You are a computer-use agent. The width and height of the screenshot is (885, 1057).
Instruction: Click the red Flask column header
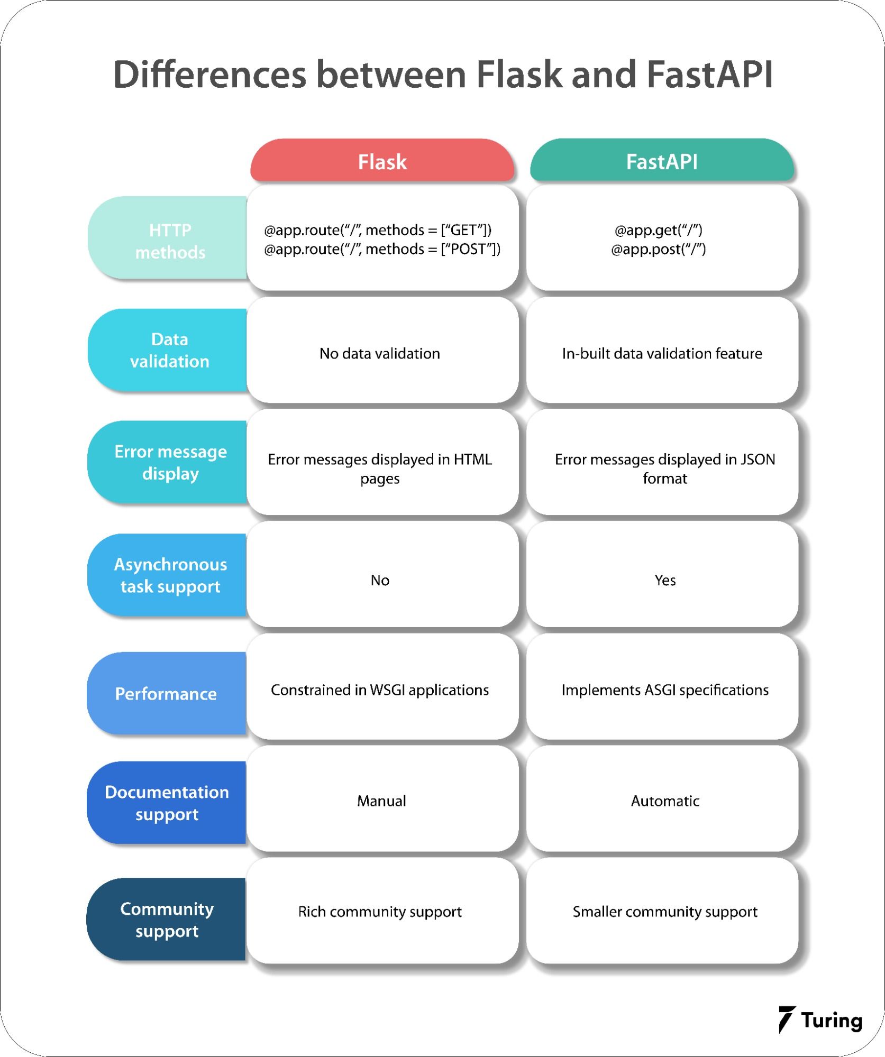click(x=382, y=161)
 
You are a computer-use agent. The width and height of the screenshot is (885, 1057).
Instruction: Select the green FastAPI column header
click(x=662, y=161)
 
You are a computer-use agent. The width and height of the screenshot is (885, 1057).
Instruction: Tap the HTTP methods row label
click(x=169, y=241)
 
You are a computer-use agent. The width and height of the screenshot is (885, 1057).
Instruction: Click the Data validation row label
click(x=169, y=350)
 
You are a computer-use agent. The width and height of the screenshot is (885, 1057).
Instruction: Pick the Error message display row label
click(x=170, y=463)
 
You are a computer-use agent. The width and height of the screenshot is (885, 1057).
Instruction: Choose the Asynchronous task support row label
click(x=170, y=575)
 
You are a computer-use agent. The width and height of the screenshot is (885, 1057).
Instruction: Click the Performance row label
click(x=166, y=694)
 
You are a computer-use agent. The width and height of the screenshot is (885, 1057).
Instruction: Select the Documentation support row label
click(x=167, y=803)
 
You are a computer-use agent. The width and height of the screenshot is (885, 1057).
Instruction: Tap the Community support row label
click(x=167, y=920)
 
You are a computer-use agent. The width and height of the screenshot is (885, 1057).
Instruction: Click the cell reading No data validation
click(x=380, y=353)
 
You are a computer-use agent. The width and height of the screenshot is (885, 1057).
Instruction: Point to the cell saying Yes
click(x=664, y=580)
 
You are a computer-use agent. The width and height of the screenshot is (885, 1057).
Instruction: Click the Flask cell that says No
click(x=380, y=580)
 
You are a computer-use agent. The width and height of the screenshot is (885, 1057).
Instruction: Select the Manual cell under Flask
click(x=381, y=801)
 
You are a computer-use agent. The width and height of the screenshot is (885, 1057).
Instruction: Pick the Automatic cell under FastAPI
click(x=664, y=801)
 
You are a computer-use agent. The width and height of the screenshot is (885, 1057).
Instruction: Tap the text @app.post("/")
click(x=658, y=249)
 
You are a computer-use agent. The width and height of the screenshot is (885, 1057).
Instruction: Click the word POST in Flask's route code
click(x=468, y=249)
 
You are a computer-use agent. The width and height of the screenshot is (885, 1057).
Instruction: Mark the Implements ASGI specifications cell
click(x=664, y=690)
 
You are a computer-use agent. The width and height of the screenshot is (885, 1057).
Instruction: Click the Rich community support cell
click(x=380, y=911)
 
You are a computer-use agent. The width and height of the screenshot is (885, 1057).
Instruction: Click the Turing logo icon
click(x=786, y=1019)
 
